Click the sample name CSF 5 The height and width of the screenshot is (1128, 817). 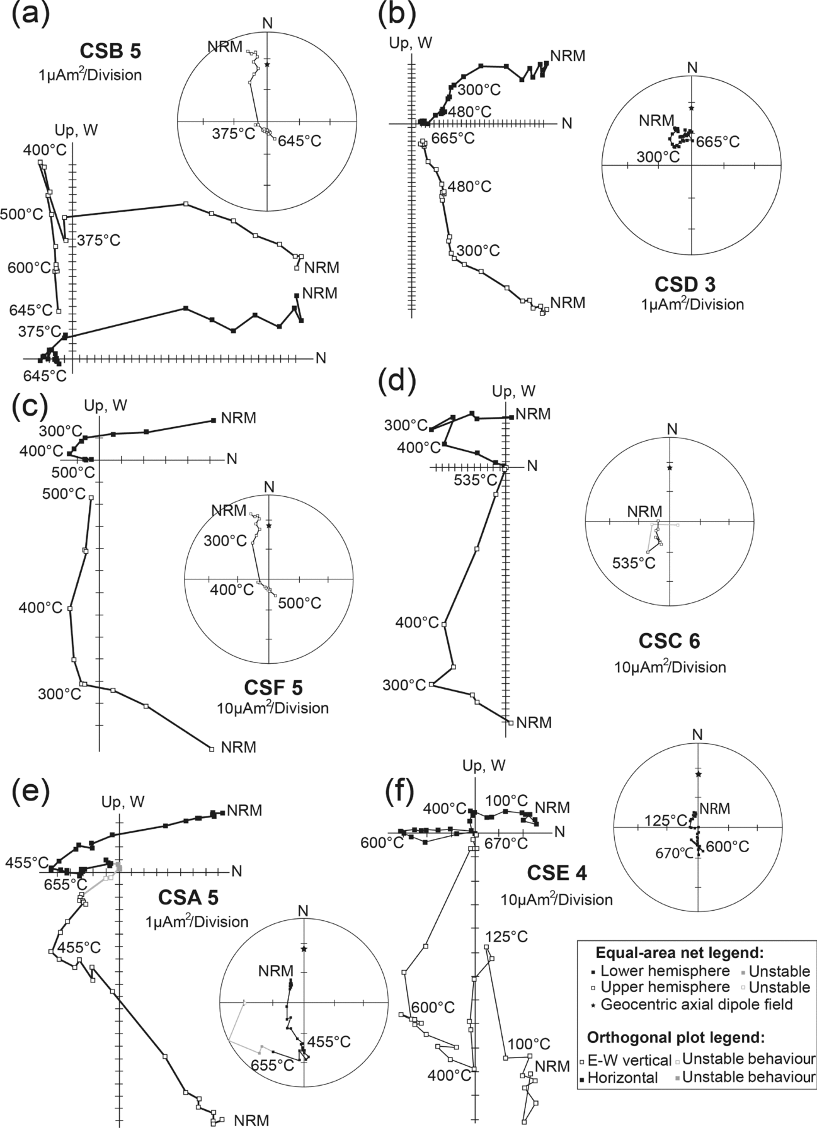pyautogui.click(x=272, y=687)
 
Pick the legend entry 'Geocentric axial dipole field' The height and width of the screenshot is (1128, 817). pyautogui.click(x=697, y=1005)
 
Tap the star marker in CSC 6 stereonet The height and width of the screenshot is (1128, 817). pyautogui.click(x=670, y=468)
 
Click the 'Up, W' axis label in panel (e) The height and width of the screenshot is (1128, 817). pyautogui.click(x=123, y=802)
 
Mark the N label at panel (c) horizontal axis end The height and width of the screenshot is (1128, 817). pyautogui.click(x=232, y=459)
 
